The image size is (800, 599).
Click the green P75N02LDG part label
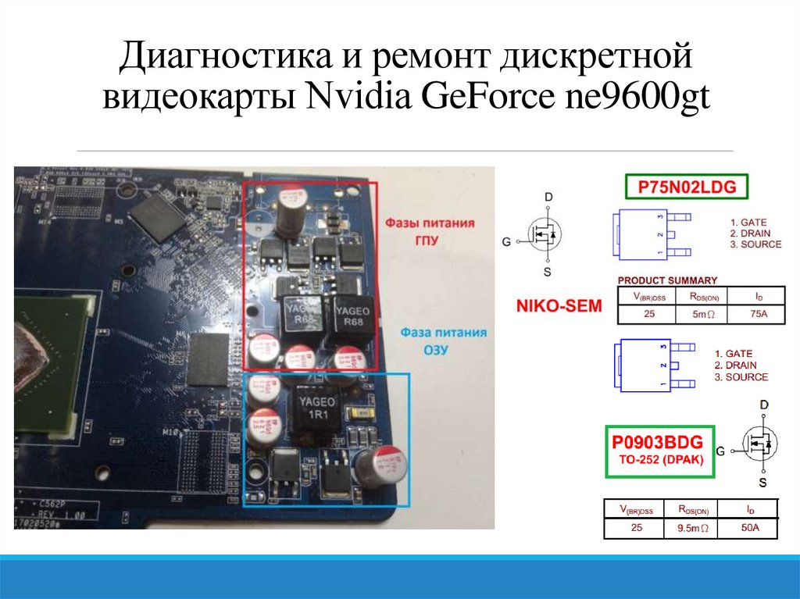pyautogui.click(x=687, y=187)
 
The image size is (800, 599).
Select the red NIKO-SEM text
pyautogui.click(x=559, y=306)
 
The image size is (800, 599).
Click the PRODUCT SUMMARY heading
pyautogui.click(x=667, y=280)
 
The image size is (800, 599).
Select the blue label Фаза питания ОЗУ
pyautogui.click(x=443, y=341)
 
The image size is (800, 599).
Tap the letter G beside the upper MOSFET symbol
pyautogui.click(x=506, y=242)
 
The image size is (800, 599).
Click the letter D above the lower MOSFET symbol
pyautogui.click(x=763, y=405)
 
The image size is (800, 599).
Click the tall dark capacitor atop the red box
pyautogui.click(x=288, y=212)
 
